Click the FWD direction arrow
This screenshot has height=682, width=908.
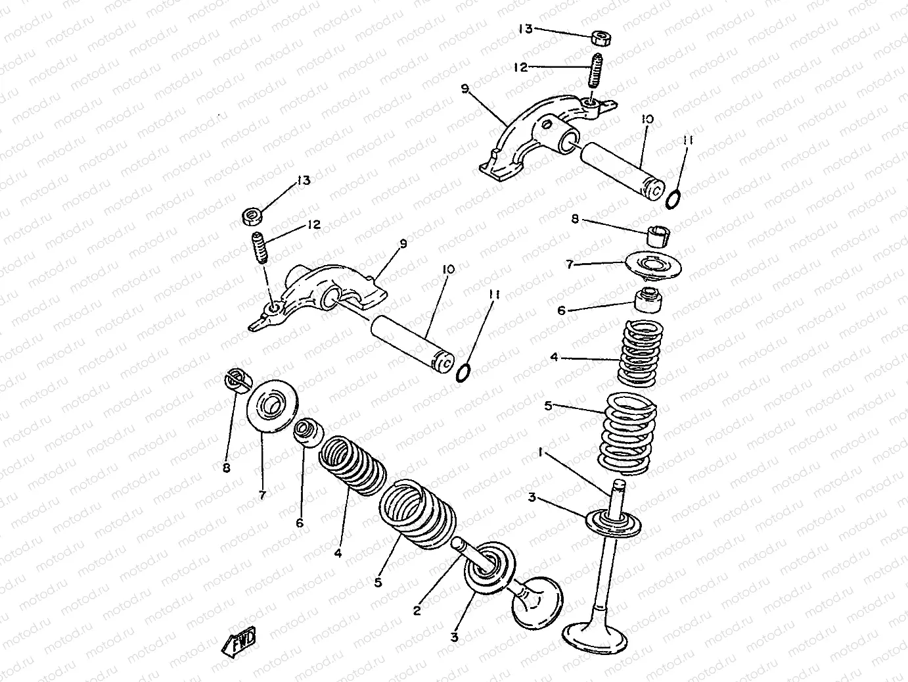[x=239, y=643]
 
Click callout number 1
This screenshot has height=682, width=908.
[x=541, y=453]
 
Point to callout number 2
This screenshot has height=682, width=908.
[x=417, y=610]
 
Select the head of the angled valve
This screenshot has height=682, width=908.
[x=538, y=603]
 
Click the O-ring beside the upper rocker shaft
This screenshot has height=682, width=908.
[x=673, y=199]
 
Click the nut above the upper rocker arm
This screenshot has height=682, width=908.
[x=601, y=37]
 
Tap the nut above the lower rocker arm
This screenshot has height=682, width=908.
[x=252, y=217]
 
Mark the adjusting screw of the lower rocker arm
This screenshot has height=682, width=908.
[x=260, y=248]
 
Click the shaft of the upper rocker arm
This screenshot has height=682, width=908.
[x=624, y=172]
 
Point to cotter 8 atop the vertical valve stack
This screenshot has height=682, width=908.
[x=658, y=236]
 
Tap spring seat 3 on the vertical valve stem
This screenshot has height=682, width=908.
[x=614, y=523]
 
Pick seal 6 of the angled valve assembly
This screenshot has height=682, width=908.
[x=308, y=433]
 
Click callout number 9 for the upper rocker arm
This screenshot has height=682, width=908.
[x=465, y=89]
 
